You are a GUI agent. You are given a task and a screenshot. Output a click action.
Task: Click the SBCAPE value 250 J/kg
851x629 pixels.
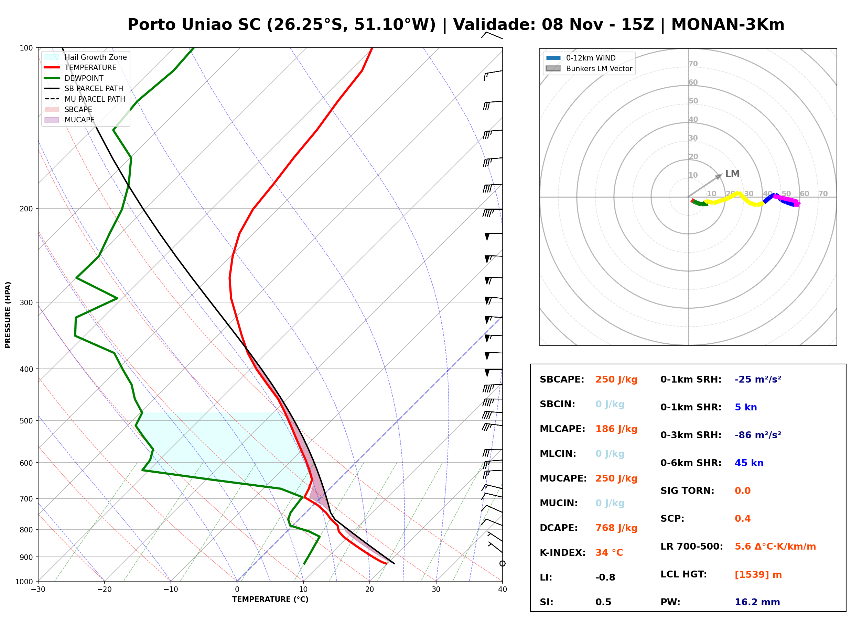pyautogui.click(x=616, y=379)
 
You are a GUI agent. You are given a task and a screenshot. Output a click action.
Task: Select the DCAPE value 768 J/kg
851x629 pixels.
pyautogui.click(x=616, y=528)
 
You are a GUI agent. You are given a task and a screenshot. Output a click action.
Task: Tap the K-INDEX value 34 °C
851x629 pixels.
pyautogui.click(x=609, y=553)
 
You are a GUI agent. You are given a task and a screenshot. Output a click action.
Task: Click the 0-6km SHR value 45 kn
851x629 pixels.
pyautogui.click(x=749, y=463)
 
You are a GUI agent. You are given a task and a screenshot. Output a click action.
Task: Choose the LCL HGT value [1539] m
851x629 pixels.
pyautogui.click(x=758, y=575)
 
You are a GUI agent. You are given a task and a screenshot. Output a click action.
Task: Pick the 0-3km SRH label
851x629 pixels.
pyautogui.click(x=691, y=435)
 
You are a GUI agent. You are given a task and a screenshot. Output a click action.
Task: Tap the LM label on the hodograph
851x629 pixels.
pyautogui.click(x=732, y=174)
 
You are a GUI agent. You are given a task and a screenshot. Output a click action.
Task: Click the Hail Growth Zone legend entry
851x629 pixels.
pyautogui.click(x=86, y=57)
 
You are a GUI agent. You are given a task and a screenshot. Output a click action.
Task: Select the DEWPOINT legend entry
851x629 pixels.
pyautogui.click(x=74, y=78)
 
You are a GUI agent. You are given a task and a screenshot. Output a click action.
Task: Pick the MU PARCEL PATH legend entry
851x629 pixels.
pyautogui.click(x=85, y=99)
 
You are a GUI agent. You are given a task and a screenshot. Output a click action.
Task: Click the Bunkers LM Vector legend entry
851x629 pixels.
pyautogui.click(x=589, y=68)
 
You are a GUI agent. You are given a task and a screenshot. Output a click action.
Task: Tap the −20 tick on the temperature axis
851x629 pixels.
pyautogui.click(x=104, y=589)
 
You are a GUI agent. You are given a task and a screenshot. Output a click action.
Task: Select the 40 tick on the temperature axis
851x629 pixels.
pyautogui.click(x=503, y=589)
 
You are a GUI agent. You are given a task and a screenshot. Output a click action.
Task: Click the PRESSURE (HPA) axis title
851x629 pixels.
pyautogui.click(x=8, y=315)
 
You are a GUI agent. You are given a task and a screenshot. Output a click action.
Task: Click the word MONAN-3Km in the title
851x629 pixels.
pyautogui.click(x=728, y=25)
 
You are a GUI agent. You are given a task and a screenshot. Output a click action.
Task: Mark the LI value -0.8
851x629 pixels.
pyautogui.click(x=605, y=577)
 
